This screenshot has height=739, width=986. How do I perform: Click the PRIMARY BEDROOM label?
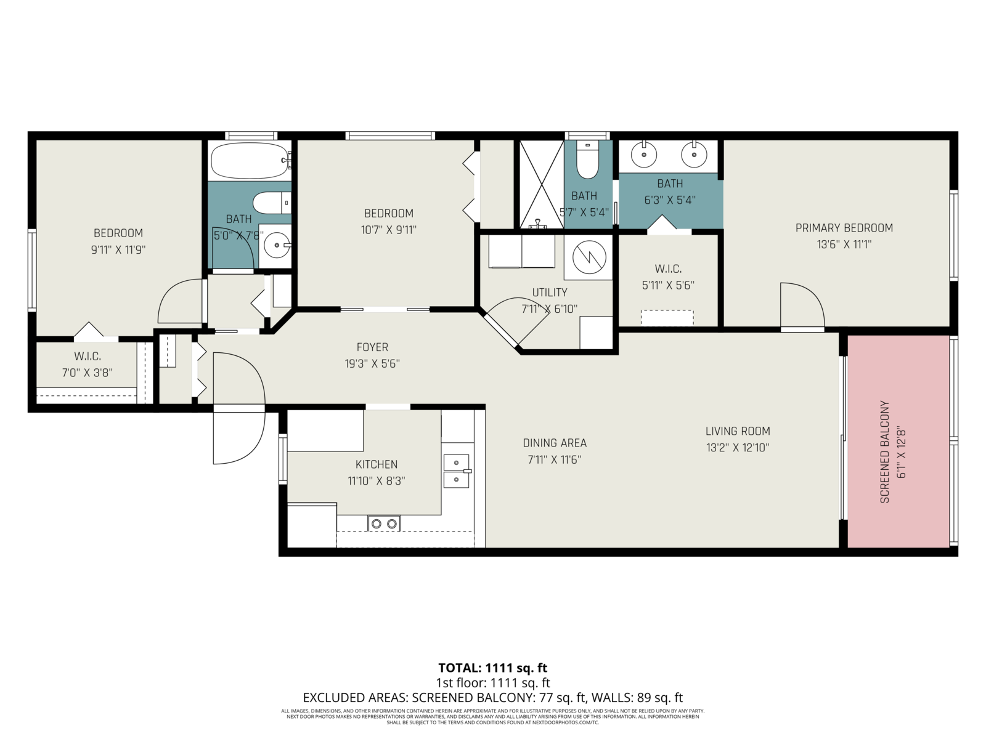[x=844, y=228]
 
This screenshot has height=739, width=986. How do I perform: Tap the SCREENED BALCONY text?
[x=884, y=452]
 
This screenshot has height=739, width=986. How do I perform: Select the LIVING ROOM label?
[x=738, y=431]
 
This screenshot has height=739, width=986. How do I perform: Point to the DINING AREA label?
[x=555, y=443]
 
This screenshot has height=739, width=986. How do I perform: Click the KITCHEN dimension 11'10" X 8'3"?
[x=377, y=481]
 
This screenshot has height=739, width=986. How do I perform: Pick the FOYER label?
[x=372, y=347]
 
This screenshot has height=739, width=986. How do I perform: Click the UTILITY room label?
[x=549, y=293]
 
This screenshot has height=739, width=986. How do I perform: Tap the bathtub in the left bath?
[x=251, y=160]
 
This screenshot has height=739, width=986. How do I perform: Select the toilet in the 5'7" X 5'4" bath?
[x=587, y=160]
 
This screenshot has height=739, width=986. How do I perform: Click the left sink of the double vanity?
[x=644, y=154]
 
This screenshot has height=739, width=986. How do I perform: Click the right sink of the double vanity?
[x=693, y=154]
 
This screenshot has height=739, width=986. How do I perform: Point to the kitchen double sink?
[x=457, y=471]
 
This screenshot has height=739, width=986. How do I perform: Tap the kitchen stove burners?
[x=384, y=523]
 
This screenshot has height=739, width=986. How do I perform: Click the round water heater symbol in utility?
[x=589, y=257]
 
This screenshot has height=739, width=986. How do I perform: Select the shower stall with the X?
[x=542, y=184]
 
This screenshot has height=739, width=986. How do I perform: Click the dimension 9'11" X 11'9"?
[x=118, y=250]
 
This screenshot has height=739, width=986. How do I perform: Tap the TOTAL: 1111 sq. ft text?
[x=493, y=668]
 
